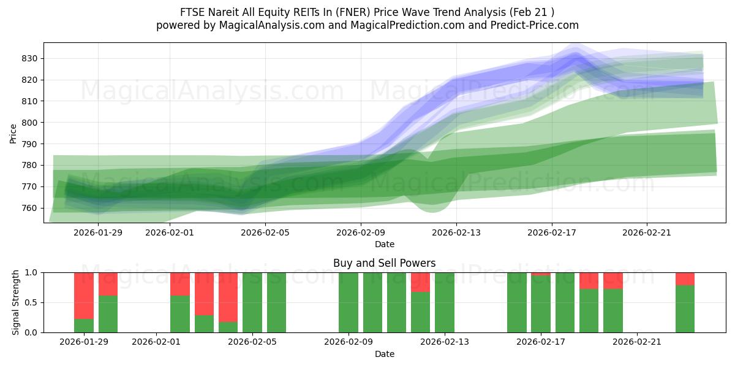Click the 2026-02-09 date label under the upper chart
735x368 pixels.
[361, 232]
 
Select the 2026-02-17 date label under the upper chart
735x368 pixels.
[552, 232]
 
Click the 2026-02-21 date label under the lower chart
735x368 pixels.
[637, 342]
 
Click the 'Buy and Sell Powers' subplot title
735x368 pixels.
[384, 263]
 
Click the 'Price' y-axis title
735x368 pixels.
[13, 133]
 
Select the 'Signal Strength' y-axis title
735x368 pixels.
[16, 302]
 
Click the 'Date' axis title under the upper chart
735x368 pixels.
[384, 244]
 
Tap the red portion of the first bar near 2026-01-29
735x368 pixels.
[84, 294]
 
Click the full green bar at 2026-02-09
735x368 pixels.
[349, 302]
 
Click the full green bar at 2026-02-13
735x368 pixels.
[445, 302]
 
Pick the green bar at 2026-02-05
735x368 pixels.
[252, 302]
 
